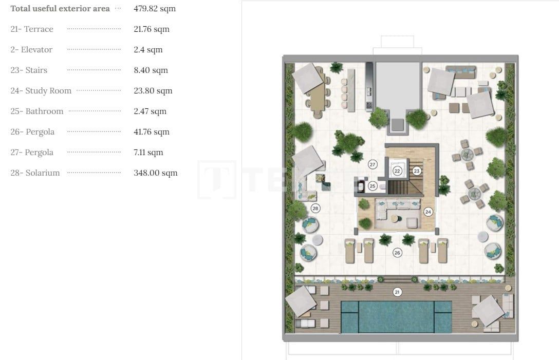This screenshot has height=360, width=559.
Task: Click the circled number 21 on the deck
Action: (x=397, y=292)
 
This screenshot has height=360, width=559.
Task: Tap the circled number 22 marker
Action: (x=397, y=170)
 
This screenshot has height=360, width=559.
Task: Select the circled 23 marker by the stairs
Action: (x=417, y=171)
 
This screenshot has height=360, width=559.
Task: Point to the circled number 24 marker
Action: (x=428, y=211)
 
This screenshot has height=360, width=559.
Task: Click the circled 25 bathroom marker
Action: (x=372, y=186)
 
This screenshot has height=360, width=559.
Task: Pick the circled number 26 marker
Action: (x=397, y=252)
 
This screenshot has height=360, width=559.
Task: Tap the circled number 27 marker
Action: (x=373, y=164)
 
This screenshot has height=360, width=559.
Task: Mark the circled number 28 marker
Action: (x=315, y=208)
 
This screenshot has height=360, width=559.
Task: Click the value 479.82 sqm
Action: (x=155, y=9)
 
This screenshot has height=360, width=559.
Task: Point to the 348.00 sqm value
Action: (x=156, y=173)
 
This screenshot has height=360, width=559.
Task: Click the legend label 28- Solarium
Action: (x=35, y=173)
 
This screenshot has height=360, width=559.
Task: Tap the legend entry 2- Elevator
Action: (x=31, y=50)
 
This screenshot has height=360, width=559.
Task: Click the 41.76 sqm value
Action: (x=152, y=132)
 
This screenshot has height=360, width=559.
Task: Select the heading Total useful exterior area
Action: (x=60, y=9)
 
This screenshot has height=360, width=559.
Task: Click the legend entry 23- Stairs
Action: (x=29, y=70)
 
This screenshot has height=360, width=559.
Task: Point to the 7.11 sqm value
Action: (x=148, y=153)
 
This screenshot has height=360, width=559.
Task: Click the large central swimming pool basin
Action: (x=396, y=315)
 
